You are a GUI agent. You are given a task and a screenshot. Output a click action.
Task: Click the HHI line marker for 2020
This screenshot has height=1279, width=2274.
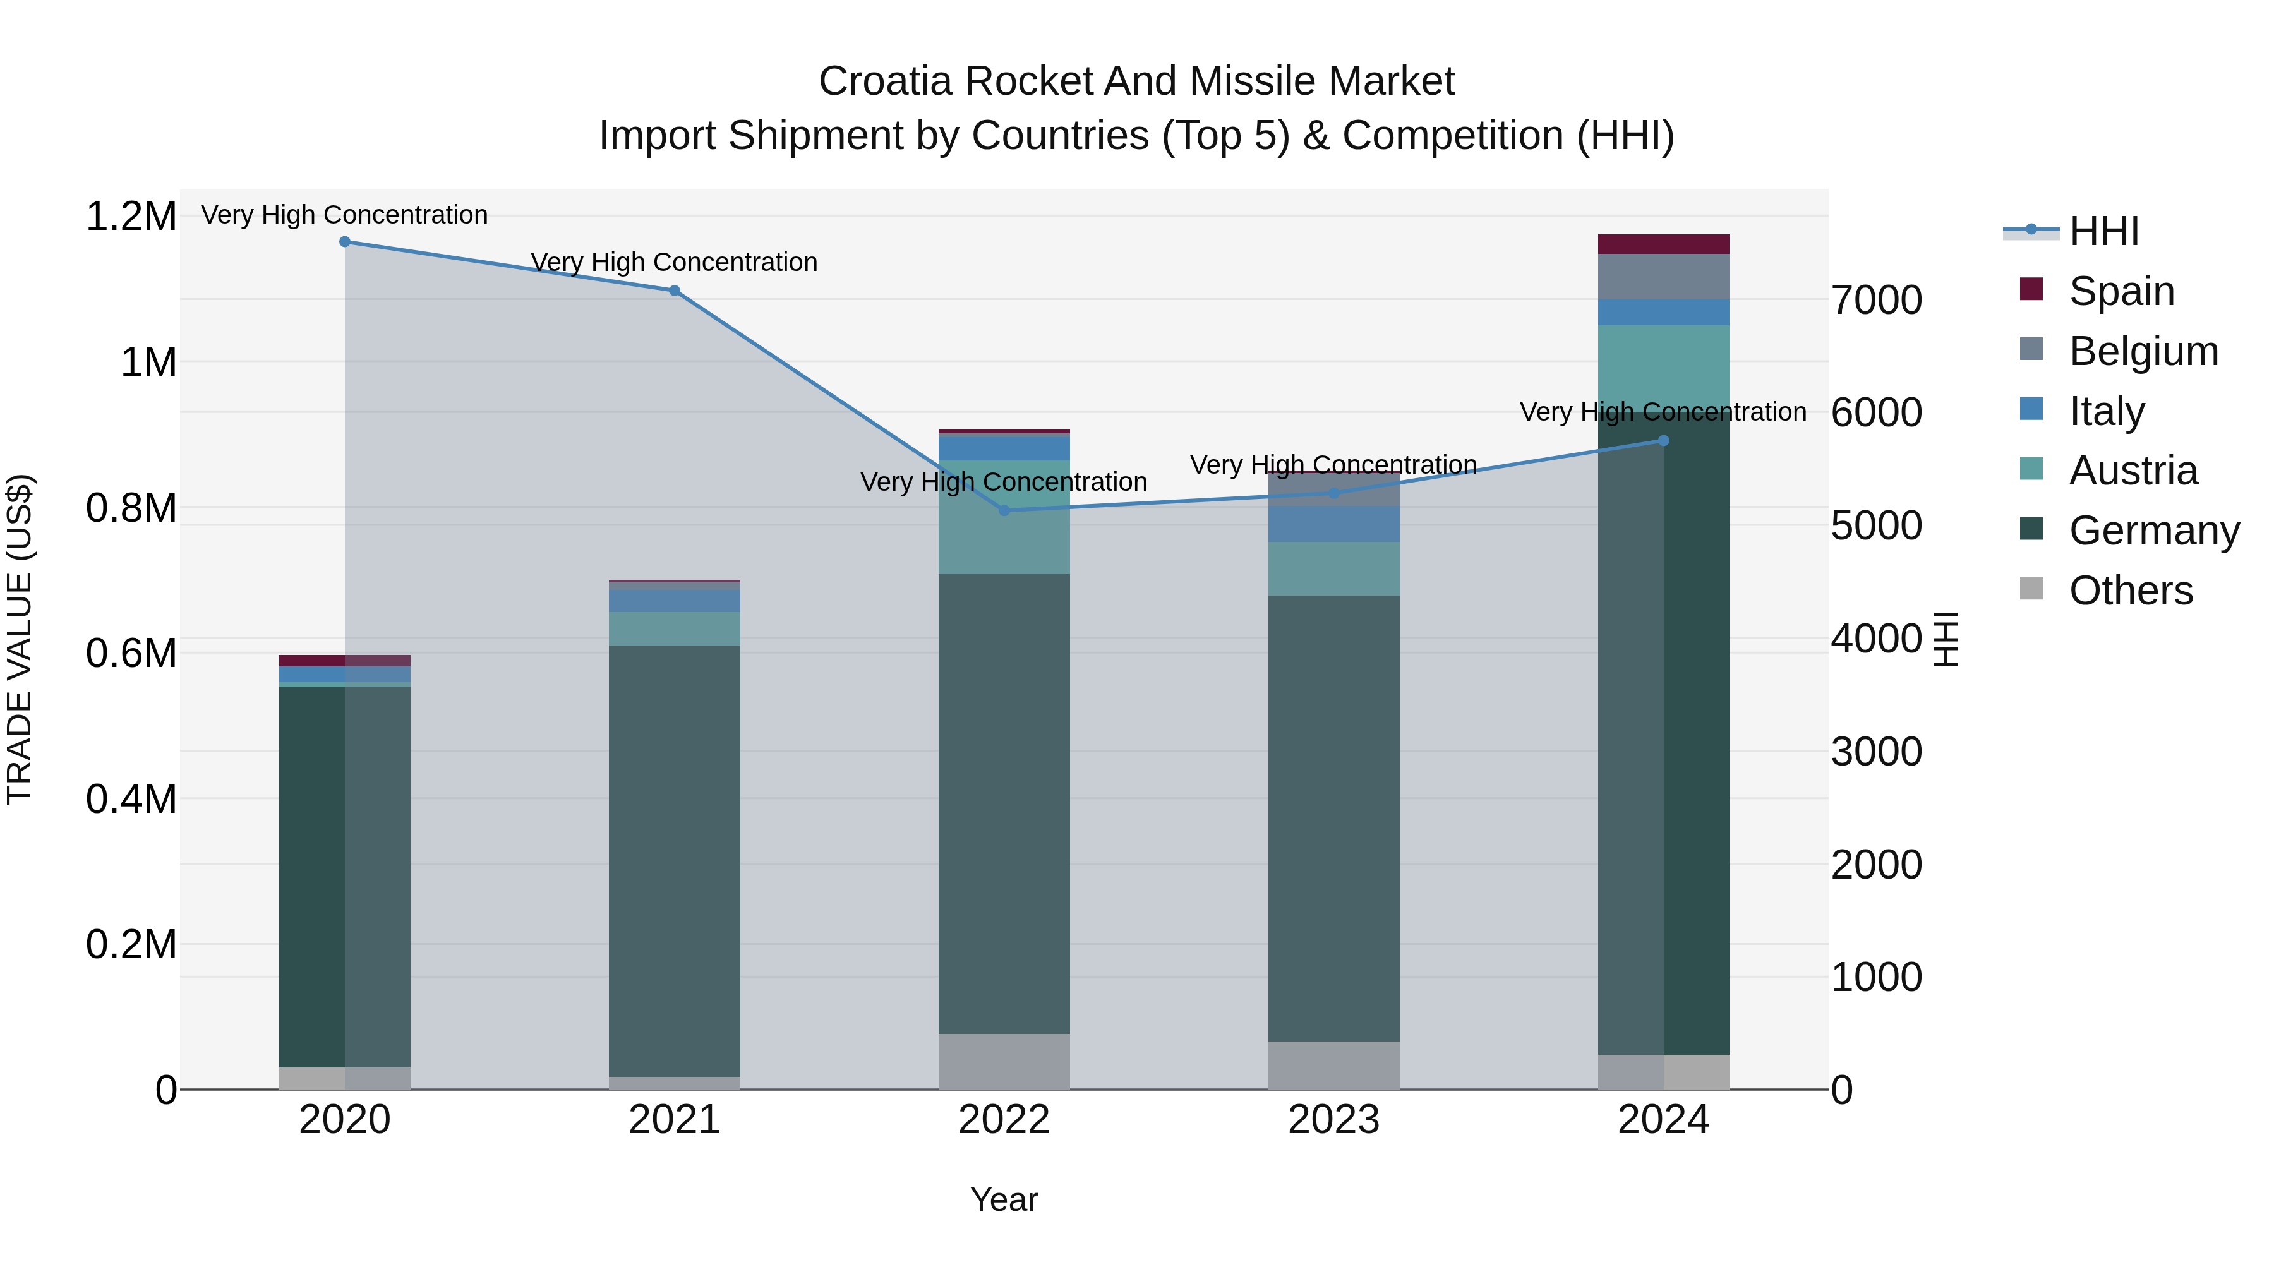click(x=344, y=242)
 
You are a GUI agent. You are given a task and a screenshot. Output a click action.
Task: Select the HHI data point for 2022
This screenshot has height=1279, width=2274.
click(x=1004, y=510)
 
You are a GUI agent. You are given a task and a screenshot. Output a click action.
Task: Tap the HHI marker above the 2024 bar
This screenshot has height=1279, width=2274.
click(x=1663, y=440)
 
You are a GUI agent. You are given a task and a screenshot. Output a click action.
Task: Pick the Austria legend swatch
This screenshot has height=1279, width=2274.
click(x=2031, y=469)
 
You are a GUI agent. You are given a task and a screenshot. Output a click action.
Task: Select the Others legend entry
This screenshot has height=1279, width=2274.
click(x=2130, y=591)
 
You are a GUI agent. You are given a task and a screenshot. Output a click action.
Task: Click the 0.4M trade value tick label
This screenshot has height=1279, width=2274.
click(x=131, y=799)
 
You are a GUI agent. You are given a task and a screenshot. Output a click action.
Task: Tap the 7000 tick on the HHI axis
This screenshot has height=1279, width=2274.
click(x=1876, y=300)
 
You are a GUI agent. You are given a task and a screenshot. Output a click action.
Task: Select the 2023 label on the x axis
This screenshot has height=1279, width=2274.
click(x=1333, y=1120)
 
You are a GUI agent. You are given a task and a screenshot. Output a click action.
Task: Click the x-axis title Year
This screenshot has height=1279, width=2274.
click(x=1004, y=1199)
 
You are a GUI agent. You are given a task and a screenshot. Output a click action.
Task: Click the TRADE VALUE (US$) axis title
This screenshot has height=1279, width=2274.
click(x=20, y=639)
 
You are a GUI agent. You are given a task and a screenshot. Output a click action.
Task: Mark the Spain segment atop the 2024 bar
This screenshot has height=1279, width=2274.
click(x=1663, y=244)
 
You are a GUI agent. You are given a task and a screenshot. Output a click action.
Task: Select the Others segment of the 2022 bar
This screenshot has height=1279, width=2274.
click(x=1004, y=1061)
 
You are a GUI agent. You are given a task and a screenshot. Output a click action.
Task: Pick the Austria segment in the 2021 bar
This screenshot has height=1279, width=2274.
click(x=675, y=628)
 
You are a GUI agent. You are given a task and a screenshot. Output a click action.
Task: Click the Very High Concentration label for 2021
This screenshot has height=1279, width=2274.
click(x=675, y=262)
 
